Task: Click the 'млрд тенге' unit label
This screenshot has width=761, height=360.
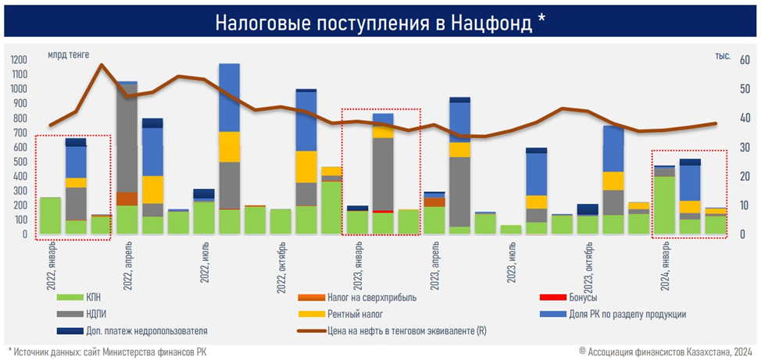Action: (68, 55)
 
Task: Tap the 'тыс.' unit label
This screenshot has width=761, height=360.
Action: (722, 55)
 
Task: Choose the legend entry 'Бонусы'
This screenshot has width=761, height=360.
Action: (585, 298)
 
